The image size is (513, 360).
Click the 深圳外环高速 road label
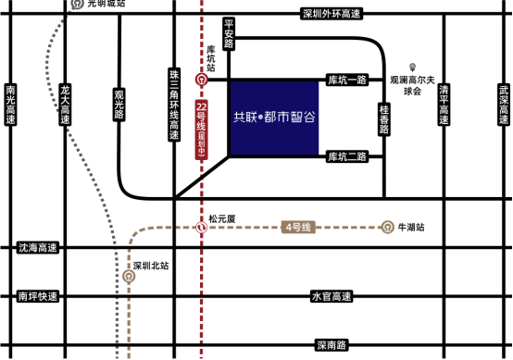click(332, 14)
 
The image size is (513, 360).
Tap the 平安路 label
click(229, 34)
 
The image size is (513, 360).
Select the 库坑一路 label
click(347, 80)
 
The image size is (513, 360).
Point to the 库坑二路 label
click(347, 156)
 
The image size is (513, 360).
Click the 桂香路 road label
click(384, 119)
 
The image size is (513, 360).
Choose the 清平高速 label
click(444, 105)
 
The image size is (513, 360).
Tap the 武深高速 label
click(504, 105)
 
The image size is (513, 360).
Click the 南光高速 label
click(11, 105)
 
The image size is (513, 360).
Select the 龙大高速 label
click(66, 105)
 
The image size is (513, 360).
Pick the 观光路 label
click(119, 105)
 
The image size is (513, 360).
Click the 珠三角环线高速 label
click(174, 105)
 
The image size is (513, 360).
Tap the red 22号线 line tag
click(202, 130)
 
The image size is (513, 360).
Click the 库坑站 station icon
click(202, 80)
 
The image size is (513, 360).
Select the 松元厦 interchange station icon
click(202, 228)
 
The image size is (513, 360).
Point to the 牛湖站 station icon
click(387, 228)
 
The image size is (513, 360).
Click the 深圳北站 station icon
click(129, 277)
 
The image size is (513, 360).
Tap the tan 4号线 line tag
click(298, 228)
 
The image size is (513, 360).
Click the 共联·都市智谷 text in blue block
click(274, 117)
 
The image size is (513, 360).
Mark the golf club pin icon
click(412, 68)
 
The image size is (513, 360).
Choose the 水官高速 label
click(332, 296)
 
